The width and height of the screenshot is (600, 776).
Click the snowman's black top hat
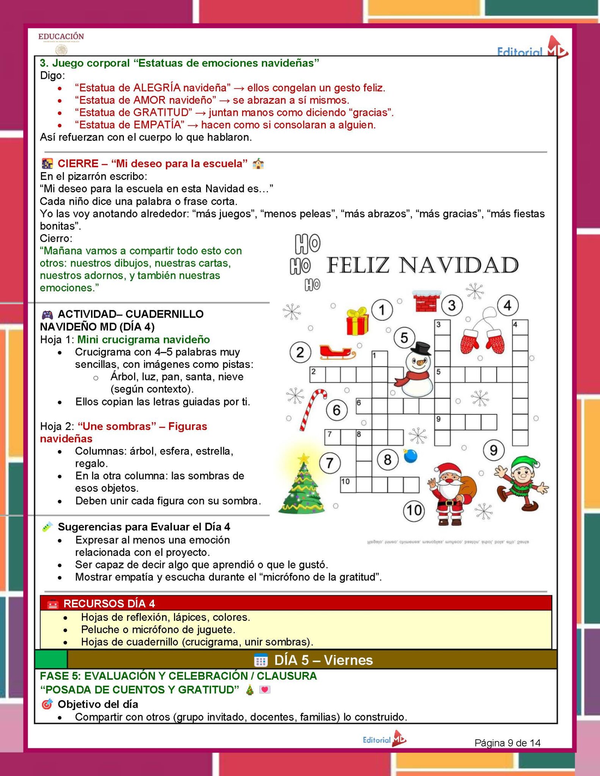421,348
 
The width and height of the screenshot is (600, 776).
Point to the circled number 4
508,305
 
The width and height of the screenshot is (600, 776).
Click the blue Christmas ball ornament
410,456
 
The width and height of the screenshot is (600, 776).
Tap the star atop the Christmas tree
304,459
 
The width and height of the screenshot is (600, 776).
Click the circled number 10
414,510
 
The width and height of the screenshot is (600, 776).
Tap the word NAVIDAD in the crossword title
459,265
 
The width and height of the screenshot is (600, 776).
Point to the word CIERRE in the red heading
78,164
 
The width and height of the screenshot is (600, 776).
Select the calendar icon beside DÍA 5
261,660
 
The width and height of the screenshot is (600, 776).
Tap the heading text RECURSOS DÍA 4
109,604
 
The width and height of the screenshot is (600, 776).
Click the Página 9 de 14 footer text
507,743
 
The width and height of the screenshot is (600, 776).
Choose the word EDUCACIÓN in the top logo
61,36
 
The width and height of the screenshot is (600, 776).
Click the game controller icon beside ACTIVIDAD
47,314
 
